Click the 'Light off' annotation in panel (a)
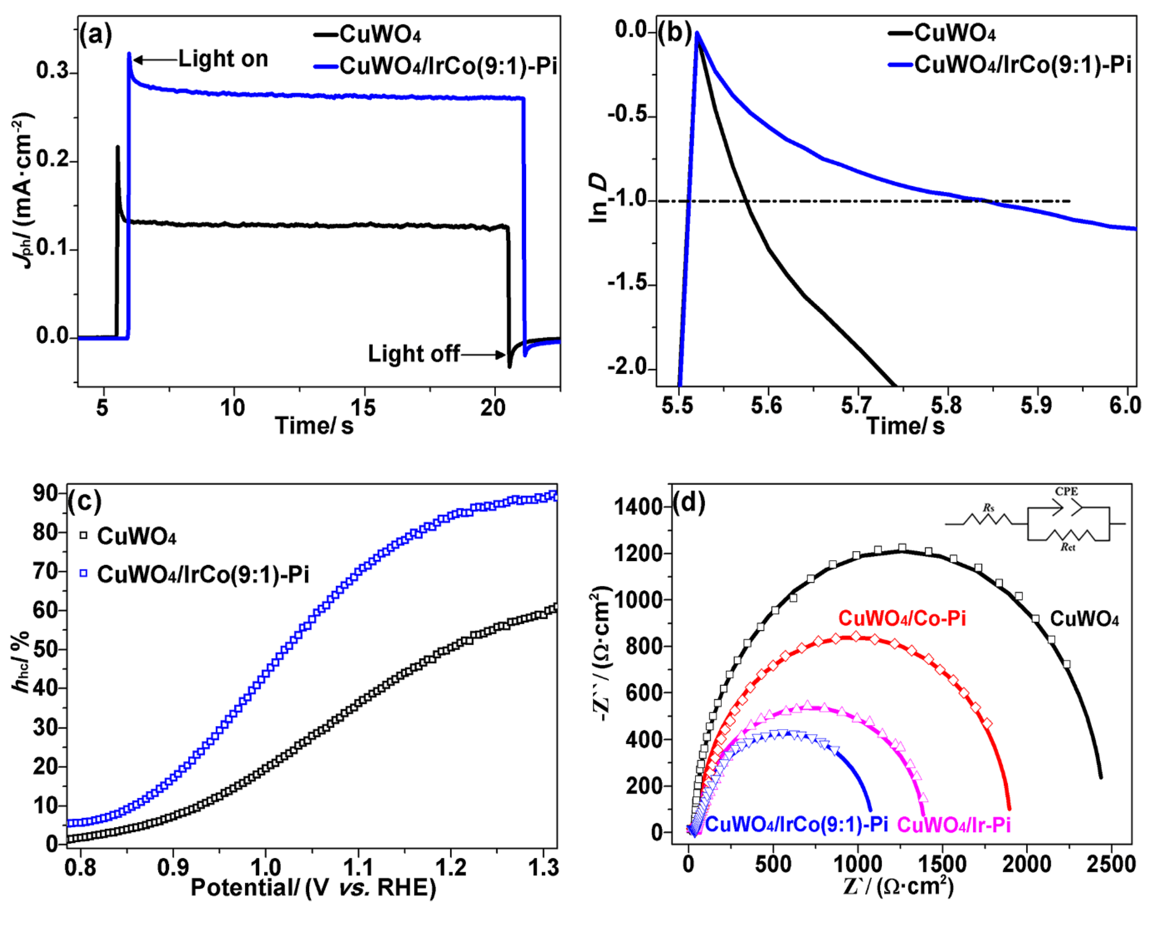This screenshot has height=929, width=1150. click(x=413, y=354)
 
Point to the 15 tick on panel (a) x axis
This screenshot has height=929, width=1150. click(x=364, y=408)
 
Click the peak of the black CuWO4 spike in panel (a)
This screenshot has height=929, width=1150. click(x=118, y=147)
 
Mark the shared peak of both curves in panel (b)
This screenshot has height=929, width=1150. click(x=697, y=33)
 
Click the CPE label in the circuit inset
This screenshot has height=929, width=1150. click(x=1066, y=491)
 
